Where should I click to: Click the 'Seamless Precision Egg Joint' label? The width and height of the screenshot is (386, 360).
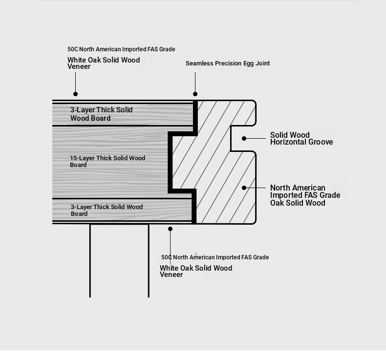coord(228,64)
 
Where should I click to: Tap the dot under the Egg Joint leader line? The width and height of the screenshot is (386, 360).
coord(195,94)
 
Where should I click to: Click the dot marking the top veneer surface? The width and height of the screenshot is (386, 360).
coord(76,94)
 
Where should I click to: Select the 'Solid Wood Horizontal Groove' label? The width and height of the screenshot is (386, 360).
coord(301,139)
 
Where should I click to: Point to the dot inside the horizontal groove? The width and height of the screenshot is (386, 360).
coord(244,139)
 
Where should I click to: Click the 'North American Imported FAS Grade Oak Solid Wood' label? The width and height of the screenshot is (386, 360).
coord(305,195)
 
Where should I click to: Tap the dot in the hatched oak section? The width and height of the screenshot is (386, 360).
coord(244,188)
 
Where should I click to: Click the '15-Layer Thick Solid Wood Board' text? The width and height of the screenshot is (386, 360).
coord(107,161)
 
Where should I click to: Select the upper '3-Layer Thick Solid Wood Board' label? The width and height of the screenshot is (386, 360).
coord(102,114)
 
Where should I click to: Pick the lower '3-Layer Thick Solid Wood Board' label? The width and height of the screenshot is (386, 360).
coord(107,210)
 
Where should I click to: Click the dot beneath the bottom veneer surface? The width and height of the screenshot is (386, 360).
coord(170,229)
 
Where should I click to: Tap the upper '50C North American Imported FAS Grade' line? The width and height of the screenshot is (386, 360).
coord(121,49)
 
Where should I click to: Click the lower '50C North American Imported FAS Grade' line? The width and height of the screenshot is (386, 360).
coord(215,257)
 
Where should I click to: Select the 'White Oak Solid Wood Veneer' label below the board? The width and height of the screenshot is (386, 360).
coord(196,271)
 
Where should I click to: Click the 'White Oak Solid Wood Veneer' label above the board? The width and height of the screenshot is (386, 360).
coord(104,63)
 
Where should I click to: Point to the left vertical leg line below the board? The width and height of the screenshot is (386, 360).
coord(90,261)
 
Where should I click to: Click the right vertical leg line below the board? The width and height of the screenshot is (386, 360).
coord(149,261)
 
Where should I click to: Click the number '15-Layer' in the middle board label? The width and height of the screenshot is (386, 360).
coord(82,158)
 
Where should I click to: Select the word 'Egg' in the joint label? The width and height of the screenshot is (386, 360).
coord(248,64)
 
